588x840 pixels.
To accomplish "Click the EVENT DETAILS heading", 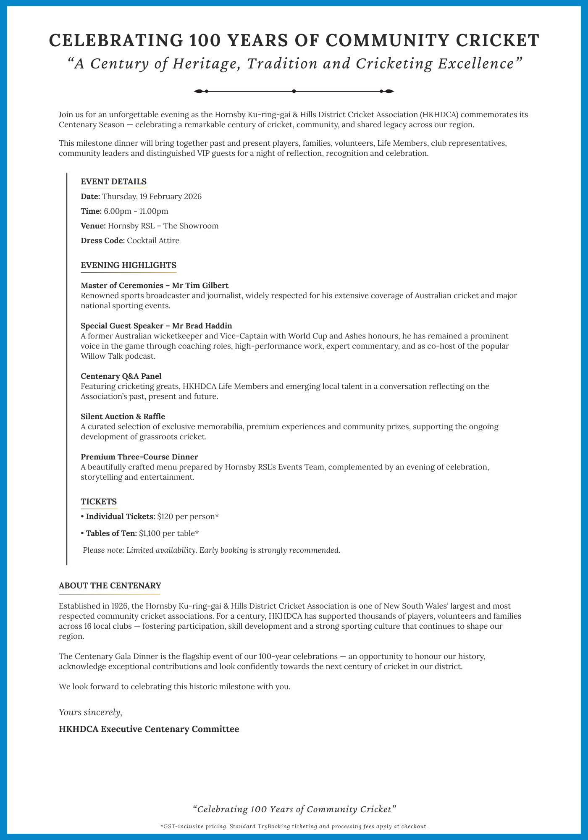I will (x=113, y=182).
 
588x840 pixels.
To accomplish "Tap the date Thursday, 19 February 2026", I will (x=152, y=197).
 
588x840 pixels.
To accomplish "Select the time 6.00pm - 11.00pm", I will (x=136, y=211).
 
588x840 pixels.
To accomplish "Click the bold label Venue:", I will (x=93, y=226).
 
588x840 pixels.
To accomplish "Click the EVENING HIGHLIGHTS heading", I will (x=128, y=265).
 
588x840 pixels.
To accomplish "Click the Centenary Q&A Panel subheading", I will (x=121, y=376).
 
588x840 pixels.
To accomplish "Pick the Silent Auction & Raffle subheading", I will (x=123, y=416).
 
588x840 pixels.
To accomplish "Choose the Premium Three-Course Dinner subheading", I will (x=139, y=457).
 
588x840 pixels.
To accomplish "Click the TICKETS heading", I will (x=99, y=501).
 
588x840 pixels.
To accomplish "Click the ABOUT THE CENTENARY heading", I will (x=110, y=585).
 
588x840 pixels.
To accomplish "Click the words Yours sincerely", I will (x=90, y=712).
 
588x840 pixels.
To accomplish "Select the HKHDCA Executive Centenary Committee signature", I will (x=149, y=729).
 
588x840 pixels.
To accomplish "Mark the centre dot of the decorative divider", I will (x=294, y=91).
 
